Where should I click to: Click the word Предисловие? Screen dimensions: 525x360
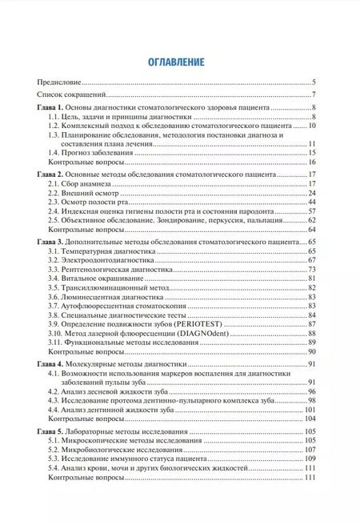(61, 83)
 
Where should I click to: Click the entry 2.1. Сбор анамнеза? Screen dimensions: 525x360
(83, 185)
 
